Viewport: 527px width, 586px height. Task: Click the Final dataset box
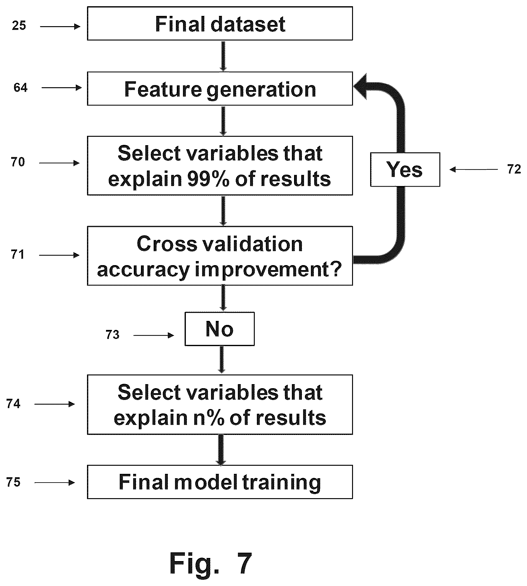(x=220, y=24)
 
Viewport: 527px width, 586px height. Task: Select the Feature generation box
(x=220, y=89)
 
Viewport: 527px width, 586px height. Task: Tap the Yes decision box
(x=405, y=169)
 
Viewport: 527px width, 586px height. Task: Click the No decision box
(x=220, y=329)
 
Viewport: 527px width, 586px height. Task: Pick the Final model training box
(x=220, y=482)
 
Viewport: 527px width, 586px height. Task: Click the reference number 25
(x=19, y=26)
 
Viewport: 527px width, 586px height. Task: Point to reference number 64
(x=21, y=88)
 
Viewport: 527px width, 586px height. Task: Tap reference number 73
(x=113, y=335)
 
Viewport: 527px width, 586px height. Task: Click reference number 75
(x=13, y=482)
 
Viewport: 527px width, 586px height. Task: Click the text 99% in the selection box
(x=208, y=179)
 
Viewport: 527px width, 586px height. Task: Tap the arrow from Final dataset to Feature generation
(x=223, y=56)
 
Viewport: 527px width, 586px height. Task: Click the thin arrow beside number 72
(x=474, y=169)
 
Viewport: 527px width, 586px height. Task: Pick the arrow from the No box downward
(x=221, y=360)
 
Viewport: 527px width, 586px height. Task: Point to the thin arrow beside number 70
(x=60, y=163)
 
